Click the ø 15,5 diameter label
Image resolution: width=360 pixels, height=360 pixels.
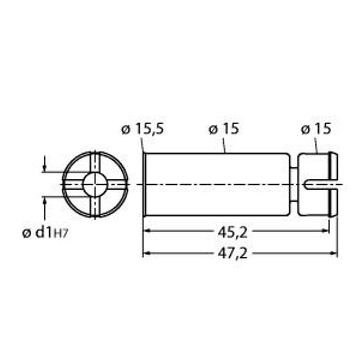tap(143, 129)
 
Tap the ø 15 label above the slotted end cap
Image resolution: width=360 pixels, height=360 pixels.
tap(314, 129)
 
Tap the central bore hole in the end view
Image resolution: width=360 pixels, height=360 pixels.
tap(95, 184)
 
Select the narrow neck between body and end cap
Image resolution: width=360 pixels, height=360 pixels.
tap(293, 184)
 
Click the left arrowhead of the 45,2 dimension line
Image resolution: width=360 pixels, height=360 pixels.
tap(147, 230)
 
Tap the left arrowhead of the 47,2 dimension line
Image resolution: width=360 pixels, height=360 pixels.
tap(147, 253)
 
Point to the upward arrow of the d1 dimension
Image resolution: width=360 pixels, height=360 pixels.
tap(44, 200)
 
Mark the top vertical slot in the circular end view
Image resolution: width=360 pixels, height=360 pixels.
tap(95, 161)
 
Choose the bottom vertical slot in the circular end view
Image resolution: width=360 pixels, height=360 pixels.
tap(95, 206)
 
